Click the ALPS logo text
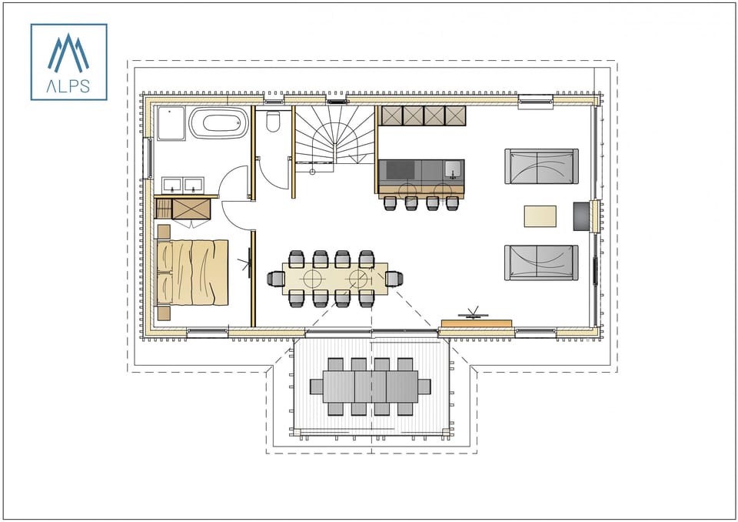tap(68, 86)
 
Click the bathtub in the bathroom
tap(219, 123)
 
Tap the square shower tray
tap(171, 123)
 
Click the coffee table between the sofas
tap(540, 216)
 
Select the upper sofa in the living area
tap(541, 166)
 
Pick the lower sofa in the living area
tap(541, 263)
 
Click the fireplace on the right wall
tap(580, 215)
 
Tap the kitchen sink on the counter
tap(454, 169)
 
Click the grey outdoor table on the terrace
tap(371, 386)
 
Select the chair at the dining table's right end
tap(394, 278)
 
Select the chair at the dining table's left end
tap(275, 278)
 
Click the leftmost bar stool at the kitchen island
tap(390, 202)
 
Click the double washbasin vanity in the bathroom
tap(182, 186)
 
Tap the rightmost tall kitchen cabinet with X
tap(456, 115)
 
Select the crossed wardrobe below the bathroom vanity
tap(191, 209)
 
